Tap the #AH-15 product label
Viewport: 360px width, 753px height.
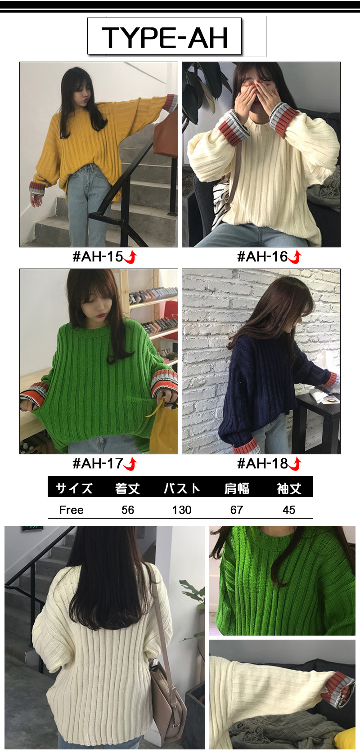[98, 257]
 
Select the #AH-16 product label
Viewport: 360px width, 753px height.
[262, 257]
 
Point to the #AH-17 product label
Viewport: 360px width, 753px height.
[98, 464]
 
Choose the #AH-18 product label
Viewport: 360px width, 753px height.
[262, 464]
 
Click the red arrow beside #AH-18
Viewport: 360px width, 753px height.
[296, 464]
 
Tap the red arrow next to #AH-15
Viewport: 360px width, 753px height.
[130, 257]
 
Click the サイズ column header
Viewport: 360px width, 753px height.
[74, 488]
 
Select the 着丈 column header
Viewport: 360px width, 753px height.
[127, 488]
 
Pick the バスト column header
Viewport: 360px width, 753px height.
[182, 488]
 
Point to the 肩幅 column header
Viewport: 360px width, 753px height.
[237, 488]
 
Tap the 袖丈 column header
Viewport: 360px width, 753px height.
[289, 488]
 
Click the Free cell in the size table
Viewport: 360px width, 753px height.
[72, 510]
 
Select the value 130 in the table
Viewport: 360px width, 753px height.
[182, 510]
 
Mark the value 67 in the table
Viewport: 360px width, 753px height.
[237, 510]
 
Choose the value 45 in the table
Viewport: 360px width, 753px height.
[288, 510]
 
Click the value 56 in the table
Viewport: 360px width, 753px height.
[128, 510]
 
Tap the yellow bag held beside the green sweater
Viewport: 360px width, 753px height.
[164, 427]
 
